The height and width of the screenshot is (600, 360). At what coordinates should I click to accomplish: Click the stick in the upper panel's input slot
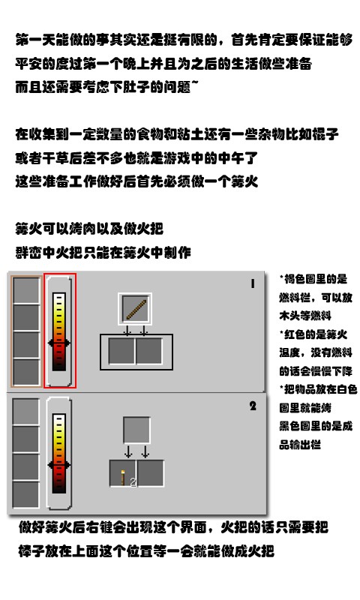click(x=136, y=308)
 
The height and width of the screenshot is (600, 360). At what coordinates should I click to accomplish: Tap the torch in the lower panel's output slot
click(x=123, y=474)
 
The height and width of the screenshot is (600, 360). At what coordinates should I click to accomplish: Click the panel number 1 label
click(x=253, y=284)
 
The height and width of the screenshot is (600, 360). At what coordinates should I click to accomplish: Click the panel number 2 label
click(x=253, y=406)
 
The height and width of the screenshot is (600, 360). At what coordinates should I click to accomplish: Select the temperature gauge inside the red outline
click(x=60, y=331)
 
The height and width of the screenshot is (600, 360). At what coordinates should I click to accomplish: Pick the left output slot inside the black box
click(x=122, y=351)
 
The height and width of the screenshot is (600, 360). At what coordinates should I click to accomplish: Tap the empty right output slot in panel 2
click(x=151, y=474)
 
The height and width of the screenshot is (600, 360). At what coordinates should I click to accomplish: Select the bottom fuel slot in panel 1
click(x=26, y=372)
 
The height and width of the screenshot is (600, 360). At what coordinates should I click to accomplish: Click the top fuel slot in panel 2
click(x=25, y=412)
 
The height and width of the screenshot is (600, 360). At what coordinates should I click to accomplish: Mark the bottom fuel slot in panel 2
click(x=25, y=493)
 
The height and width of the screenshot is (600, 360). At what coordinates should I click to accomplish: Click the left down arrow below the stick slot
click(x=128, y=331)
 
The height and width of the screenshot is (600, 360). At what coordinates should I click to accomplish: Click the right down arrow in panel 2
click(x=145, y=452)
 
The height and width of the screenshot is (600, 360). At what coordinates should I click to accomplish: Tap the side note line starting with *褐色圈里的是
click(x=313, y=278)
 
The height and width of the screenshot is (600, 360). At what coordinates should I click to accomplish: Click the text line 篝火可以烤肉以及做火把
click(x=90, y=229)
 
